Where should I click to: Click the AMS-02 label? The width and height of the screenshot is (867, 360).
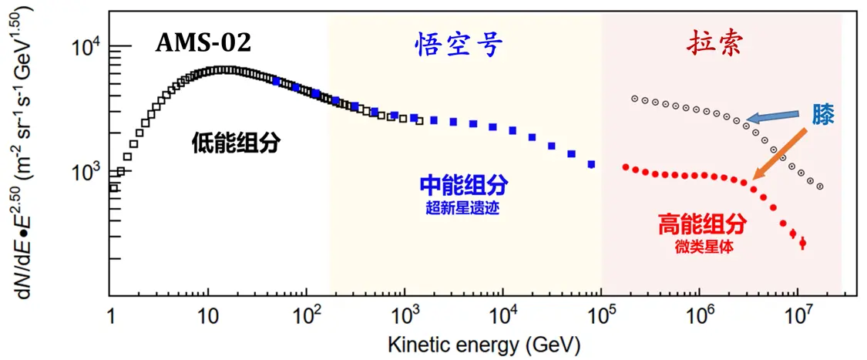(204, 43)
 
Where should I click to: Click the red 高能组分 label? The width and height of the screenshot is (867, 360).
(702, 224)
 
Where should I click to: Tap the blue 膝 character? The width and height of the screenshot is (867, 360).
(822, 115)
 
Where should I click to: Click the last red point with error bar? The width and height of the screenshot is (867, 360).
(802, 244)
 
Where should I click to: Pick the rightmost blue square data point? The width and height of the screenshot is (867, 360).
(591, 164)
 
